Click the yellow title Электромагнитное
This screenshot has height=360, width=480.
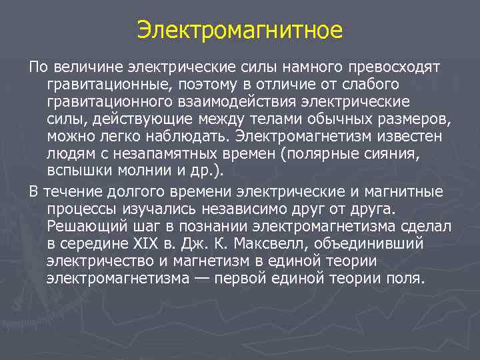coord(240,30)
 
